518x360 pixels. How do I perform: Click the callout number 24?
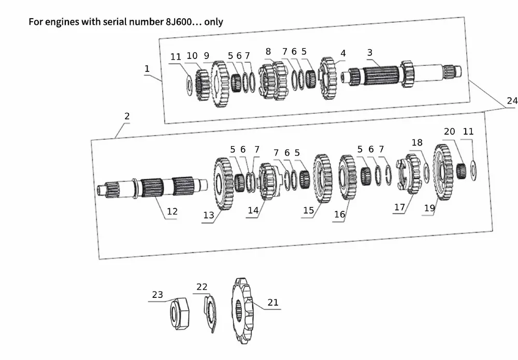512,100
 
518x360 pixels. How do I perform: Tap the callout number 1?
147,68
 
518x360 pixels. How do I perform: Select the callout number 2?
127,116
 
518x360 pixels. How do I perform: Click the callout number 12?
172,211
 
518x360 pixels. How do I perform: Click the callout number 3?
369,52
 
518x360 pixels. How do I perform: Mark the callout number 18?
417,142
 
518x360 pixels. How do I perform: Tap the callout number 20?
449,132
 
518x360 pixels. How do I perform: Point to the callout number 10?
192,56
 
